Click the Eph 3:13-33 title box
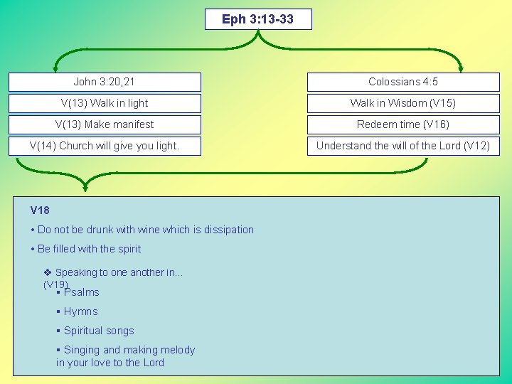tap(258, 19)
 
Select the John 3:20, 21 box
tap(105, 82)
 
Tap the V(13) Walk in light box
tap(105, 103)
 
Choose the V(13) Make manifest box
tap(105, 124)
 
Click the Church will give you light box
tap(105, 146)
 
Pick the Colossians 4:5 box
tap(403, 82)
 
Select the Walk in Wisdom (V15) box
tap(403, 103)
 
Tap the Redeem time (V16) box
tap(403, 124)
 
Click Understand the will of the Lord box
tap(403, 146)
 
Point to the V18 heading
tap(40, 210)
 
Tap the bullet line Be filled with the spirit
tap(89, 249)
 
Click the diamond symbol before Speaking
tap(48, 272)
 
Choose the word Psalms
tap(82, 292)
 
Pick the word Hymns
tap(81, 311)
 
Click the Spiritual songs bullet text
tap(99, 331)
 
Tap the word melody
tap(178, 350)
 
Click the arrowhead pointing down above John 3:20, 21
tap(58, 68)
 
